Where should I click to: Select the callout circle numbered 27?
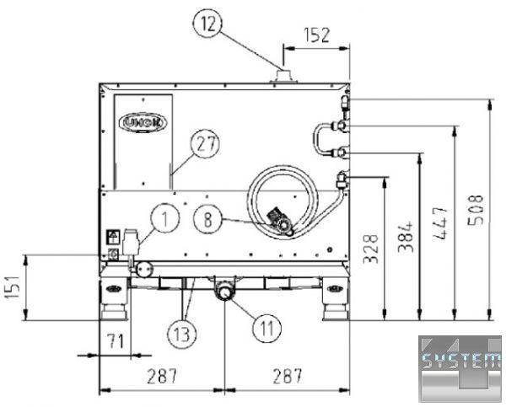(202, 143)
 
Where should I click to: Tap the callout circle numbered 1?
(166, 221)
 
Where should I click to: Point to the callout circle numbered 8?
(208, 221)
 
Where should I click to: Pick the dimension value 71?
(114, 340)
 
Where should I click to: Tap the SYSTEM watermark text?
(460, 361)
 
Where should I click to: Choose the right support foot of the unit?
(335, 298)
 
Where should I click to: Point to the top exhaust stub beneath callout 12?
(281, 78)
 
